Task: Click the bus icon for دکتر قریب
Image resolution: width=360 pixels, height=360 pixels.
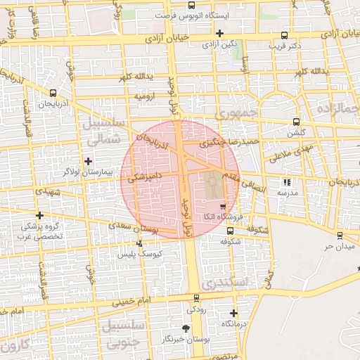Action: pyautogui.click(x=284, y=35)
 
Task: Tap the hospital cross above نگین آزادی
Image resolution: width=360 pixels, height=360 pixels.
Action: pyautogui.click(x=220, y=33)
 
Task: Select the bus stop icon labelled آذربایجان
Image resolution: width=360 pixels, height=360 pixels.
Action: pyautogui.click(x=53, y=93)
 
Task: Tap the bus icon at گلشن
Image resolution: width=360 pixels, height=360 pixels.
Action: pyautogui.click(x=296, y=122)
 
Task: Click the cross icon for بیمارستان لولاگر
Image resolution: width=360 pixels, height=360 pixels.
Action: pyautogui.click(x=88, y=160)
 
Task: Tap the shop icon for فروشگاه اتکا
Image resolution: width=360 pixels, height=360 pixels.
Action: pyautogui.click(x=223, y=207)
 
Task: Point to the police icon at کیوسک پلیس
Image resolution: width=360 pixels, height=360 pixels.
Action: pyautogui.click(x=139, y=243)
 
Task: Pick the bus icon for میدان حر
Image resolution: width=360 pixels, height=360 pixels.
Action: pyautogui.click(x=340, y=236)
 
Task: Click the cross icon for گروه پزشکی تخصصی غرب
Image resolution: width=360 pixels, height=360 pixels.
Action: pyautogui.click(x=39, y=215)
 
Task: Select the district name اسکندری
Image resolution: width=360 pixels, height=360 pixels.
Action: pyautogui.click(x=224, y=283)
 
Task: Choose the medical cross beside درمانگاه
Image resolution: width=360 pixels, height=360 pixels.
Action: pyautogui.click(x=233, y=313)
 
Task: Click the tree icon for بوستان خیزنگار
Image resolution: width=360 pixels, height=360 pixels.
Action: pyautogui.click(x=186, y=328)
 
